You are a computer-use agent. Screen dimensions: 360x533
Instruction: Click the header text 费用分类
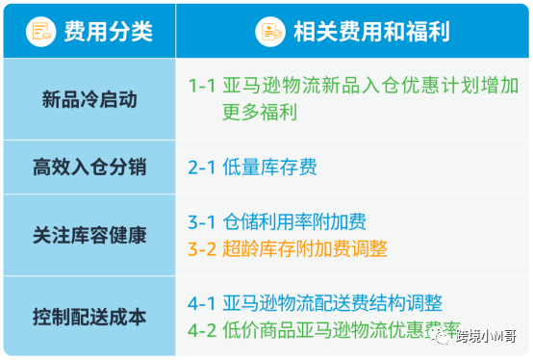pyautogui.click(x=108, y=32)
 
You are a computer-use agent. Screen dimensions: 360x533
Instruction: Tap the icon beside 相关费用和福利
pyautogui.click(x=270, y=32)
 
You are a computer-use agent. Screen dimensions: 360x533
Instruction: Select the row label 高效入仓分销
pyautogui.click(x=87, y=167)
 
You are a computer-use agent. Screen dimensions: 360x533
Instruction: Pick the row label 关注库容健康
pyautogui.click(x=87, y=235)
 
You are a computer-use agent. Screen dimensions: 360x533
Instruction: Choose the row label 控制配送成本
pyautogui.click(x=87, y=316)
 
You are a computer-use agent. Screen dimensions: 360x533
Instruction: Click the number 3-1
pyautogui.click(x=203, y=222)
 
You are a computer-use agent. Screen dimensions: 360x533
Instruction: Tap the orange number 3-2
pyautogui.click(x=203, y=249)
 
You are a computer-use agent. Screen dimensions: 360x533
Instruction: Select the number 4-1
pyautogui.click(x=203, y=303)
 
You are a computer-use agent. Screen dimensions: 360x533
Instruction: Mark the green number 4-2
pyautogui.click(x=203, y=330)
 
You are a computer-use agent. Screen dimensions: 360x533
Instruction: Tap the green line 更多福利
pyautogui.click(x=260, y=112)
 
